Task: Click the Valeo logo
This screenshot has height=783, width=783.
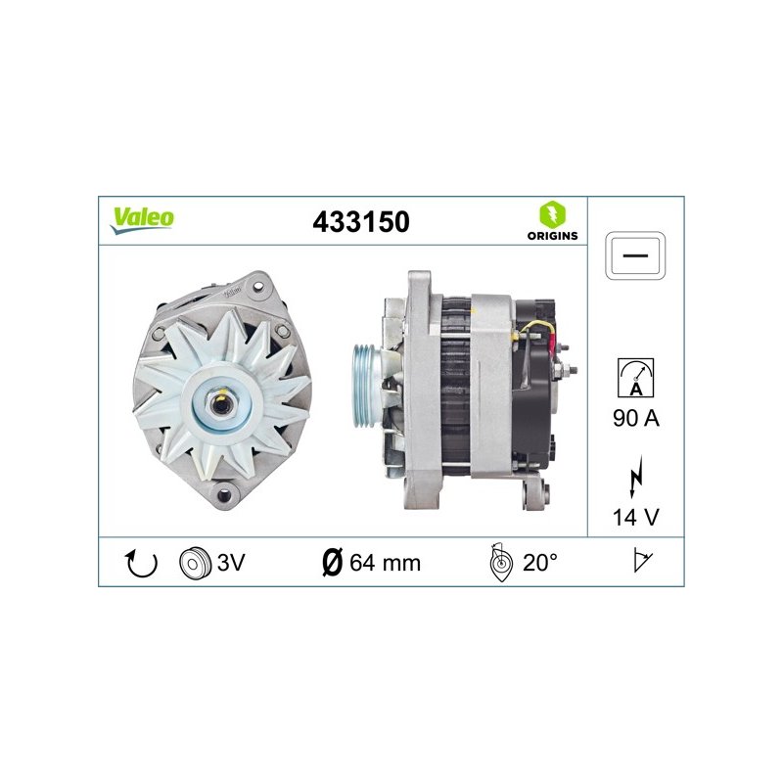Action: tap(142, 220)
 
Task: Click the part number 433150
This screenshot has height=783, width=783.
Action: tap(361, 222)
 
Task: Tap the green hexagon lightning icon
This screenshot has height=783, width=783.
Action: tap(552, 214)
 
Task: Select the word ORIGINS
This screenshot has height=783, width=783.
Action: tap(552, 236)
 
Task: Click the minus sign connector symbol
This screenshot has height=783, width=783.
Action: tap(635, 255)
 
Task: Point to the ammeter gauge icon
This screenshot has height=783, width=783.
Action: tap(635, 378)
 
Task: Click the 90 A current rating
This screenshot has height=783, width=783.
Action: tap(635, 418)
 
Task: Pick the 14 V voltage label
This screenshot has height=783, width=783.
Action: tap(635, 518)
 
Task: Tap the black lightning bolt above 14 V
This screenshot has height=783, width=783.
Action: tap(635, 478)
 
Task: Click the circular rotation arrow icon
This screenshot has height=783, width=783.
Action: tap(141, 564)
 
